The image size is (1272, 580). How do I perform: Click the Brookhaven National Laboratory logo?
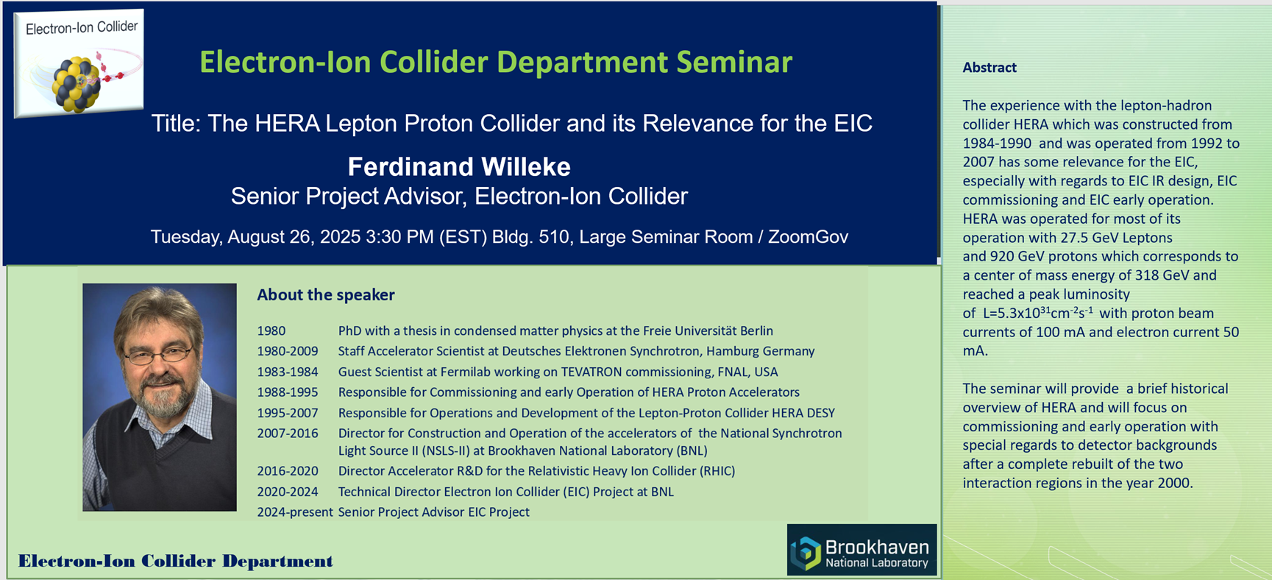click(861, 550)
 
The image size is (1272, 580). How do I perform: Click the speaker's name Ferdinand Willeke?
click(459, 167)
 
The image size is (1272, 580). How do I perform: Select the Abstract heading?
click(989, 68)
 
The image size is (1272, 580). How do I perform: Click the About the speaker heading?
click(326, 295)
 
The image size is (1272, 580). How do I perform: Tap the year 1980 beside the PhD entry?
click(271, 331)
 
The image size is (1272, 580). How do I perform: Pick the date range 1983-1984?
click(288, 372)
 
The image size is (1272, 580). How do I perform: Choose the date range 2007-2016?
click(288, 434)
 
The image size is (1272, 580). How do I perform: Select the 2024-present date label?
click(295, 512)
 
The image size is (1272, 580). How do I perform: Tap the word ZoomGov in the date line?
click(808, 237)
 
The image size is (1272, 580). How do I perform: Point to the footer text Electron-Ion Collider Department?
click(176, 562)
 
